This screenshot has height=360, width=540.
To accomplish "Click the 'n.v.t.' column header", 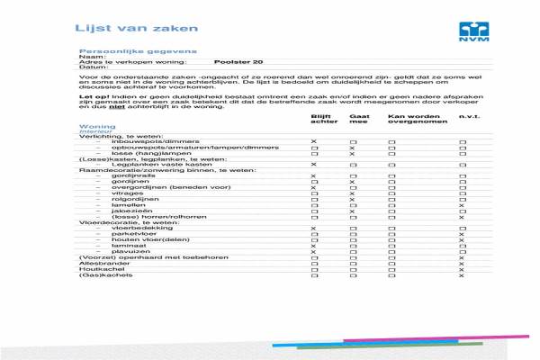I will (468, 117).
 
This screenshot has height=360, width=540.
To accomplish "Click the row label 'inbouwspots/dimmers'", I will (143, 142).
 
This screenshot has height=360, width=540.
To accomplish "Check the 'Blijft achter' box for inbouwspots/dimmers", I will (314, 142).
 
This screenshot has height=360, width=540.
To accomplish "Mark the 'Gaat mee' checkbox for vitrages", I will (353, 193).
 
